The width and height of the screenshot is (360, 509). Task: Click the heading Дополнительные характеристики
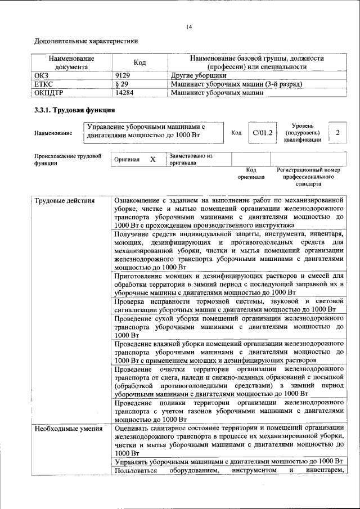(x=86, y=41)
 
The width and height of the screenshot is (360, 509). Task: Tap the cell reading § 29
(x=120, y=84)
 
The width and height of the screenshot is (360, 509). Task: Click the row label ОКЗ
(x=43, y=75)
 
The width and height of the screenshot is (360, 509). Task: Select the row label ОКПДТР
(x=50, y=93)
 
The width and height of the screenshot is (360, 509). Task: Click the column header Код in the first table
(x=139, y=62)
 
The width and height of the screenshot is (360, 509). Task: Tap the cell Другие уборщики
(x=199, y=75)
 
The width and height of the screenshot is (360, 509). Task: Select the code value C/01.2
(x=263, y=133)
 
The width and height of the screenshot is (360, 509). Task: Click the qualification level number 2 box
(x=337, y=133)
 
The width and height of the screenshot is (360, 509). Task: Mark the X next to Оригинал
(x=152, y=159)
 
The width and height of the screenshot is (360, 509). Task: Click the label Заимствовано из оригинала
(x=191, y=159)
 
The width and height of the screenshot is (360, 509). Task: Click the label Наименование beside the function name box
(x=53, y=133)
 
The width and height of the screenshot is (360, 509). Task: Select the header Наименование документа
(x=71, y=62)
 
